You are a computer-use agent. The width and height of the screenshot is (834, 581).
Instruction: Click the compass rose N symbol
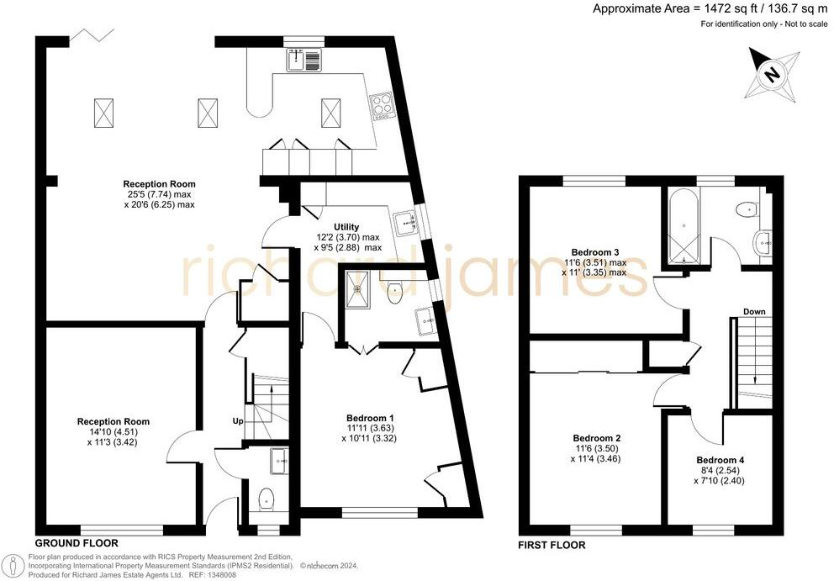(770, 73)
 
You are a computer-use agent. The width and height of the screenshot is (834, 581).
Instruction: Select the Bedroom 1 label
(370, 418)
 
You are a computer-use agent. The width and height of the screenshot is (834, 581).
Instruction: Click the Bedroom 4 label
(720, 460)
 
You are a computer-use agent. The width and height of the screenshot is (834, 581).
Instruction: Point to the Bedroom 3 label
(594, 252)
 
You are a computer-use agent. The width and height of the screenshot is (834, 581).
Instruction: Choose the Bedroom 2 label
(596, 438)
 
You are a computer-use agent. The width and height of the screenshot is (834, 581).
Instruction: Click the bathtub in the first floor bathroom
(681, 224)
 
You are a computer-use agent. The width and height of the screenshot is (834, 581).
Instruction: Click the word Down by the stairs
(754, 312)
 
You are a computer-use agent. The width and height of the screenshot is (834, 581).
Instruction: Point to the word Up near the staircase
(239, 420)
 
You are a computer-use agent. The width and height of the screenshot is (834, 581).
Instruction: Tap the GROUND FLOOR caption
(77, 543)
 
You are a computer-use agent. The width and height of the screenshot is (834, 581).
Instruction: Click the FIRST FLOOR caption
(552, 545)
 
